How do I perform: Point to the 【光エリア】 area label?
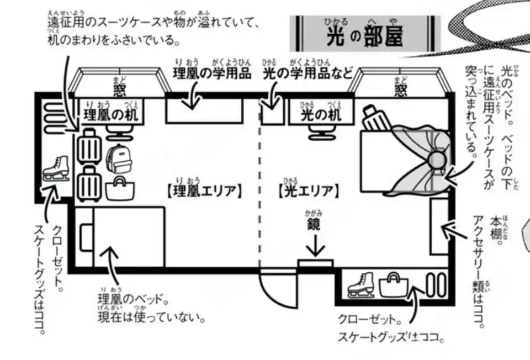[308, 191]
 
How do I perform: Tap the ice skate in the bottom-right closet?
[361, 285]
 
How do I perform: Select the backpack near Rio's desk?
[116, 158]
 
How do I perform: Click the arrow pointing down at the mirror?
[315, 246]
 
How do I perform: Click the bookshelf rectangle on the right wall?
[440, 226]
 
